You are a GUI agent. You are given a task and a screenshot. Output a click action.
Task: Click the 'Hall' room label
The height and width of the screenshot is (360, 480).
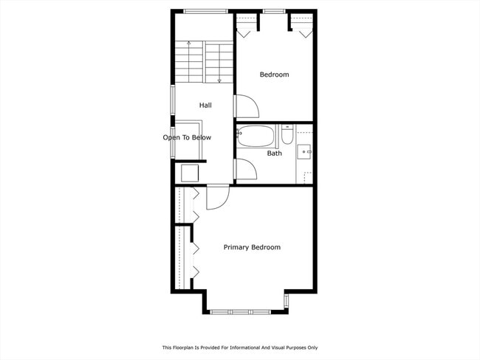[205, 105]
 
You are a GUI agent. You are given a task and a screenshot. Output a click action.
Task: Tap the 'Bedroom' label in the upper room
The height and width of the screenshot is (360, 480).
[274, 75]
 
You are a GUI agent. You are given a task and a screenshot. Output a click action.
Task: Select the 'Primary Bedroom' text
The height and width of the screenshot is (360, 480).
[252, 247]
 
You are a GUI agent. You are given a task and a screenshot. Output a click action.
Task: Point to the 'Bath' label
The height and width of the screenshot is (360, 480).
[274, 153]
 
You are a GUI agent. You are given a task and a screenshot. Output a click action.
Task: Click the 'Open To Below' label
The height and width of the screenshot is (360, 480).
[187, 137]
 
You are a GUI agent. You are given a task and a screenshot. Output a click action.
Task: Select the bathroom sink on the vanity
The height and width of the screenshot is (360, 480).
[304, 151]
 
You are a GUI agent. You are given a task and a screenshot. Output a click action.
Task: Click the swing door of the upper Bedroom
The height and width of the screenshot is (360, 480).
[246, 107]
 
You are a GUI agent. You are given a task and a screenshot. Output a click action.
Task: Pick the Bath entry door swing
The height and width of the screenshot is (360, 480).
[245, 170]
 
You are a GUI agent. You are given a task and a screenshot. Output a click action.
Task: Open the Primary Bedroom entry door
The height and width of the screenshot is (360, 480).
[218, 198]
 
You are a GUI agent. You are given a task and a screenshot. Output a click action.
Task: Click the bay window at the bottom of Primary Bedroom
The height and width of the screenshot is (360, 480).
[246, 311]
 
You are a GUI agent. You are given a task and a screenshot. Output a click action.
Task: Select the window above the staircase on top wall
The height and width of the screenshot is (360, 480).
[205, 11]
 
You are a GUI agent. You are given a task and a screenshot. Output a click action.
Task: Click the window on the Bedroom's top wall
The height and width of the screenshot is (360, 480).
[274, 11]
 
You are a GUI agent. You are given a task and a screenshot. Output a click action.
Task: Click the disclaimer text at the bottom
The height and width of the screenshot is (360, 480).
[240, 347]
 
